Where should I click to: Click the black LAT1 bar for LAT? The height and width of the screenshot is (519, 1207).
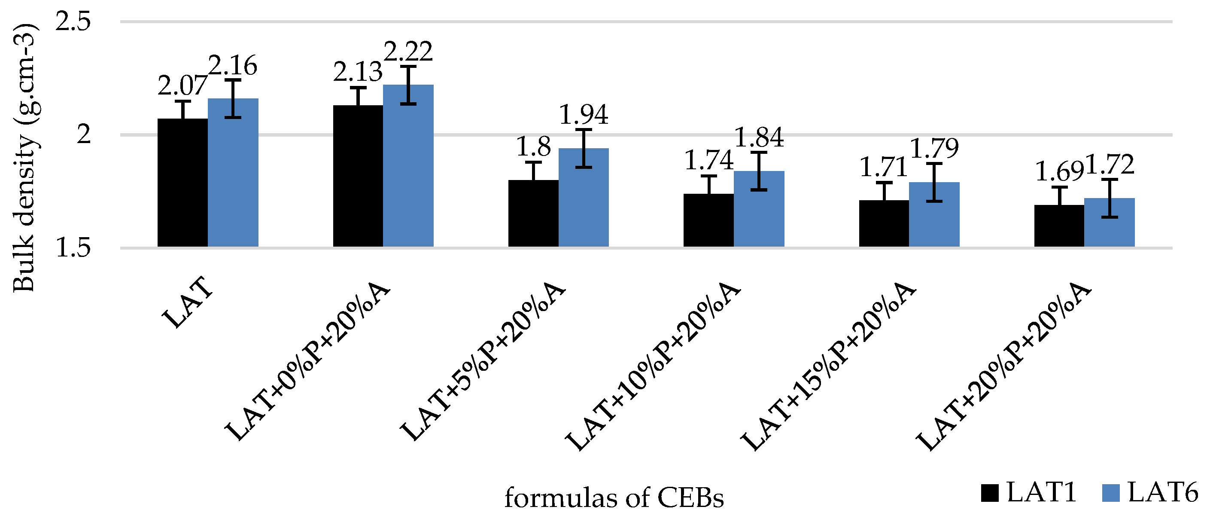pyautogui.click(x=182, y=183)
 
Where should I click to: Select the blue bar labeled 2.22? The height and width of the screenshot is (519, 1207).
pyautogui.click(x=408, y=166)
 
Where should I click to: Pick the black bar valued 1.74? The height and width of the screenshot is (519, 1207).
pyautogui.click(x=708, y=220)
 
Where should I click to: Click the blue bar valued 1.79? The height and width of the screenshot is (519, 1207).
pyautogui.click(x=934, y=215)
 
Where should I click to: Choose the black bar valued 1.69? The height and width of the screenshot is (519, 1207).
pyautogui.click(x=1059, y=226)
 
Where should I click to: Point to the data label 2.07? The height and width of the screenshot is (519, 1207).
pyautogui.click(x=182, y=86)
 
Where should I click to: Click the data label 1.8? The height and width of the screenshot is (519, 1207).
pyautogui.click(x=533, y=147)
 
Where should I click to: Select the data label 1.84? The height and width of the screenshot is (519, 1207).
pyautogui.click(x=759, y=137)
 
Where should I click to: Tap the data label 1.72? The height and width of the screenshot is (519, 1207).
pyautogui.click(x=1110, y=165)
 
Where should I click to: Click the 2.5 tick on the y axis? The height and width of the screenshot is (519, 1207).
pyautogui.click(x=73, y=22)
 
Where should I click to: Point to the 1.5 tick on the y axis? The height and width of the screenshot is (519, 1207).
pyautogui.click(x=73, y=247)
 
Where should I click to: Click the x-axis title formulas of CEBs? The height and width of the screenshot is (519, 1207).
pyautogui.click(x=614, y=498)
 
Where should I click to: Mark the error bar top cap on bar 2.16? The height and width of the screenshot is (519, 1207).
pyautogui.click(x=233, y=80)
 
